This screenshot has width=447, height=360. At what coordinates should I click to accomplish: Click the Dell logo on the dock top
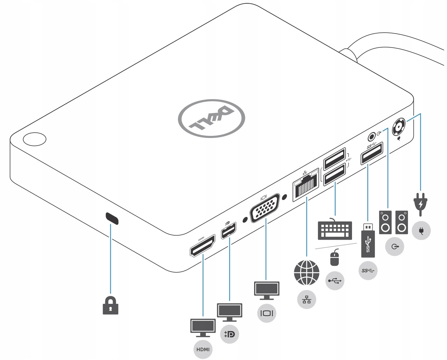click(211, 118)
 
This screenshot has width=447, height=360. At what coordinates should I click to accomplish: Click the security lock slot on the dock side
click(112, 218)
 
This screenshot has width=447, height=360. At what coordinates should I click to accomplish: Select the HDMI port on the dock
click(202, 246)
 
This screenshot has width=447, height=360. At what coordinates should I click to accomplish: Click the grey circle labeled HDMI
click(203, 349)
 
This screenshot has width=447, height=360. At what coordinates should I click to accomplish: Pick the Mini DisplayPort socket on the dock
click(228, 230)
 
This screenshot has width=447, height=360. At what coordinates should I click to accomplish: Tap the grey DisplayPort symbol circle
click(229, 334)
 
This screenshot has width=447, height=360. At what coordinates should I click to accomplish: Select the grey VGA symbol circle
click(267, 313)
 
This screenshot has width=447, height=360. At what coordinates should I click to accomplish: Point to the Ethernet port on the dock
click(306, 185)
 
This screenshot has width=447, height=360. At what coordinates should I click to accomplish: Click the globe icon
click(307, 273)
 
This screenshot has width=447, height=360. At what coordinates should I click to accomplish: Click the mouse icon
click(334, 257)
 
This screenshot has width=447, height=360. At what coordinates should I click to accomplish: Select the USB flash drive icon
click(368, 240)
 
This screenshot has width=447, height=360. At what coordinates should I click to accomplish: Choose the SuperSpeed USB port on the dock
click(372, 153)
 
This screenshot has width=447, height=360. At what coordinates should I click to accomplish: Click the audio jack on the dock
click(372, 137)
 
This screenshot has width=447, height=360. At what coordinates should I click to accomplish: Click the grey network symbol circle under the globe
click(307, 299)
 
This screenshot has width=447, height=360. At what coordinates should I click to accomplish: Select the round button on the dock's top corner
click(34, 139)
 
